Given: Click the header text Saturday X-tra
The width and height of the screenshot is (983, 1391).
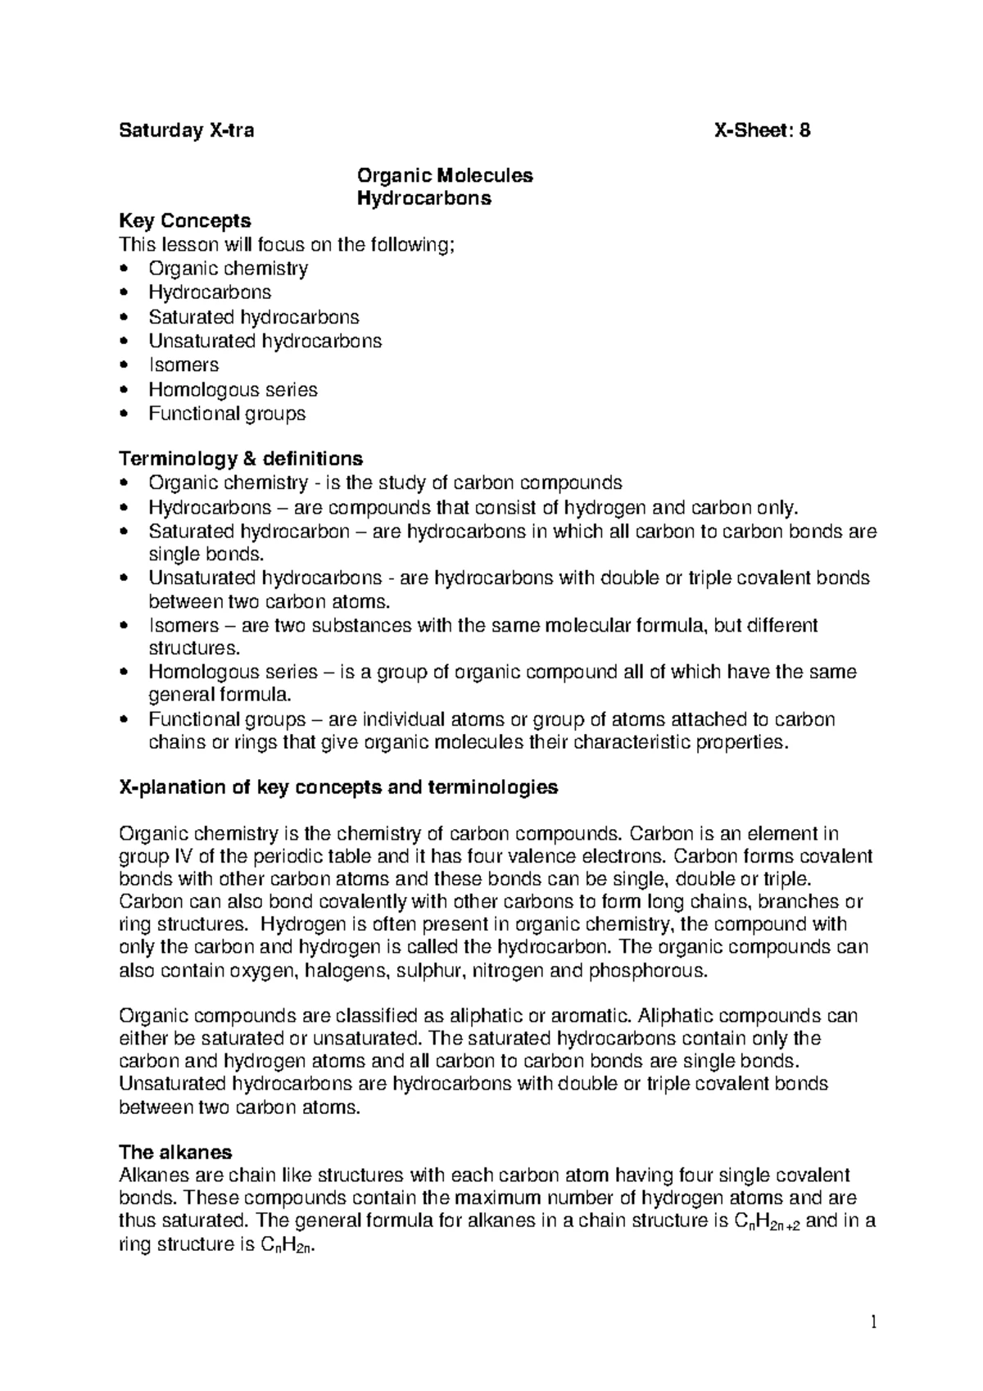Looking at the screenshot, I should coord(187,130).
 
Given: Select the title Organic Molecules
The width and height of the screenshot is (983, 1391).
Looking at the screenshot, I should coord(445,175).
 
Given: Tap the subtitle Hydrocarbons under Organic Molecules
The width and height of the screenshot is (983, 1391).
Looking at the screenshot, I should coord(424,198).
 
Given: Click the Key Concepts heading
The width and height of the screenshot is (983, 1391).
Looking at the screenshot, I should coord(185,221).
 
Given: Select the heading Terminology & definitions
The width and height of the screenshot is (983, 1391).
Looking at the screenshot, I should coord(241,458).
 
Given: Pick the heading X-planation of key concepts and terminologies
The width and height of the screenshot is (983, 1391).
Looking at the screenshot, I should coord(338,787).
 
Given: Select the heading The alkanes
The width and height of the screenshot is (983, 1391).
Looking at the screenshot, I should coord(175,1152).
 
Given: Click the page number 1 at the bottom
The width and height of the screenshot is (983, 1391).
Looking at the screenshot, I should coord(873,1321).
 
